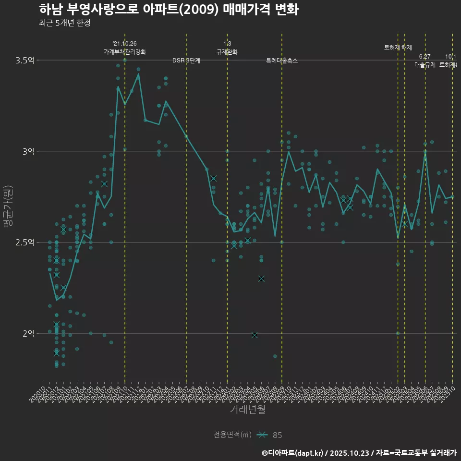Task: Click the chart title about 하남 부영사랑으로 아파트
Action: pos(169,10)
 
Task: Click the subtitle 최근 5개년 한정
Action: pos(65,23)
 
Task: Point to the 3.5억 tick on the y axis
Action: pos(25,61)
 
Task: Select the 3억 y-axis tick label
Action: pos(28,151)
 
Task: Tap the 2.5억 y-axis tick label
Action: pos(25,243)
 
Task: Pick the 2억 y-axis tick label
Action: pos(28,333)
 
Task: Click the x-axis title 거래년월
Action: pos(247,410)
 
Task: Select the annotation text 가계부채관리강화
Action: pos(125,52)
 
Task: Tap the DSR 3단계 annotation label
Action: pos(186,61)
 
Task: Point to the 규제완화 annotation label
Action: pos(227,52)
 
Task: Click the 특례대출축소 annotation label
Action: pos(282,61)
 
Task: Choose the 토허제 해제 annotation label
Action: pos(398,48)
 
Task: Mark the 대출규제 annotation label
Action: pos(425,65)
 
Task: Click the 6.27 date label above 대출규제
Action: pos(425,57)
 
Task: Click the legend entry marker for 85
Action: pos(262,435)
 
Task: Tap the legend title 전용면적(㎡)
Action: pos(232,435)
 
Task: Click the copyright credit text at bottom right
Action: pos(359,452)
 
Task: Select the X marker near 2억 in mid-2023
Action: pos(255,335)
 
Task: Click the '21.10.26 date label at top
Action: pos(125,44)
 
